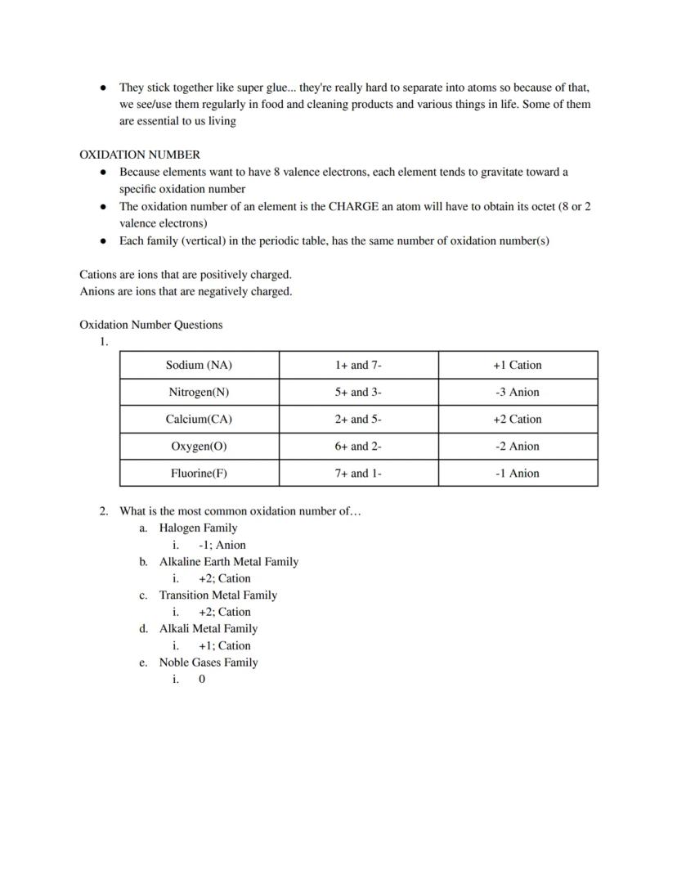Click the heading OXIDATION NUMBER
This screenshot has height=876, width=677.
coord(139,155)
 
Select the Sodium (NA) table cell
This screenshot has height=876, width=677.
coord(199,365)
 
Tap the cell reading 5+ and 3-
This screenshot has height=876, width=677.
coord(358,392)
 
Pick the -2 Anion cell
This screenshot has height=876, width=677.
coord(517,446)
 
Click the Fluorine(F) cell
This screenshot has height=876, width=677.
coord(199,473)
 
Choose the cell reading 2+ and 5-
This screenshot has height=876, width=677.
coord(358,419)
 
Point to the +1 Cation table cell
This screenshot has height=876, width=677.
coord(517,365)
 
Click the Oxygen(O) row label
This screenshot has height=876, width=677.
coord(199,446)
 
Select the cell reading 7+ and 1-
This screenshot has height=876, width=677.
coord(358,473)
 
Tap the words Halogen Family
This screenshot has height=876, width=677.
coord(198,528)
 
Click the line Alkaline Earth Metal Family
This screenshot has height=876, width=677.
coord(228,561)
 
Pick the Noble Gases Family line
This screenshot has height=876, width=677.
coord(208,662)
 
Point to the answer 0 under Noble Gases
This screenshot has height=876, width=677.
coord(202,679)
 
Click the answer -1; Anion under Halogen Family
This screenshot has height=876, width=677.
coord(222,545)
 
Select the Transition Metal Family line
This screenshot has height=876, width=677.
coord(217,595)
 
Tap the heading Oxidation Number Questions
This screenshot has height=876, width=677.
coord(150,325)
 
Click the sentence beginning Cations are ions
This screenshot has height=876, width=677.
coord(185,274)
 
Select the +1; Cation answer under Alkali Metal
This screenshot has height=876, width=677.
coord(224,645)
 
